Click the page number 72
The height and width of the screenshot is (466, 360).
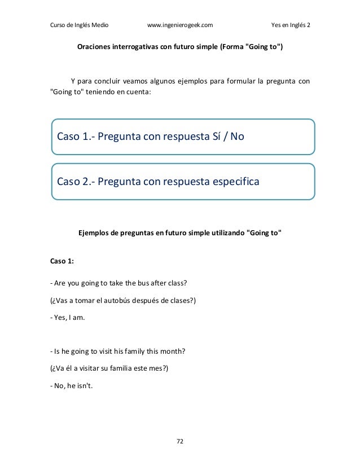[x=180, y=441]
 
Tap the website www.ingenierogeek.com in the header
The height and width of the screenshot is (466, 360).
[x=180, y=25]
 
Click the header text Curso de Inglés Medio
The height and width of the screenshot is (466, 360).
[x=80, y=25]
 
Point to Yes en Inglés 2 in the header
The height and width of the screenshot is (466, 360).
[x=291, y=25]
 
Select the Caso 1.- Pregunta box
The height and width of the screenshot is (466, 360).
[x=183, y=137]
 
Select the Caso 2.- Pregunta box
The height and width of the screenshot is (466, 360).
[x=183, y=182]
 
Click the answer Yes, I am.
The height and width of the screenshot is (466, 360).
[x=68, y=318]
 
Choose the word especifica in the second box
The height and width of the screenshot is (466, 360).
[x=227, y=182]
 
